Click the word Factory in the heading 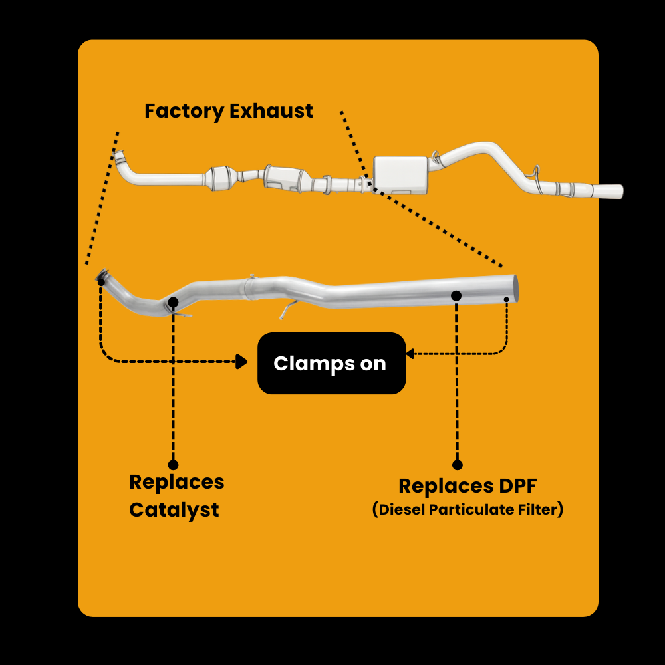[184, 111]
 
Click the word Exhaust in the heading [271, 111]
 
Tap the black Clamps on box [331, 364]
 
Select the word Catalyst [174, 510]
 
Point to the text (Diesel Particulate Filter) [467, 510]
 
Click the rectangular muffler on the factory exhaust [400, 175]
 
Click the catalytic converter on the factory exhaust [223, 178]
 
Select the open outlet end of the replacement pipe [515, 289]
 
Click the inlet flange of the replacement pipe [102, 276]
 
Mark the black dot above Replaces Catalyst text [174, 464]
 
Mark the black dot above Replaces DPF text [458, 465]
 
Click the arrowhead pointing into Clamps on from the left [243, 362]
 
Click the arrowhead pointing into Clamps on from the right [410, 354]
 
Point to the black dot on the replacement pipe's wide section [456, 295]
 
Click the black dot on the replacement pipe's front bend [173, 303]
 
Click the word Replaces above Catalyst [177, 482]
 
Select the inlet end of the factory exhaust [120, 158]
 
